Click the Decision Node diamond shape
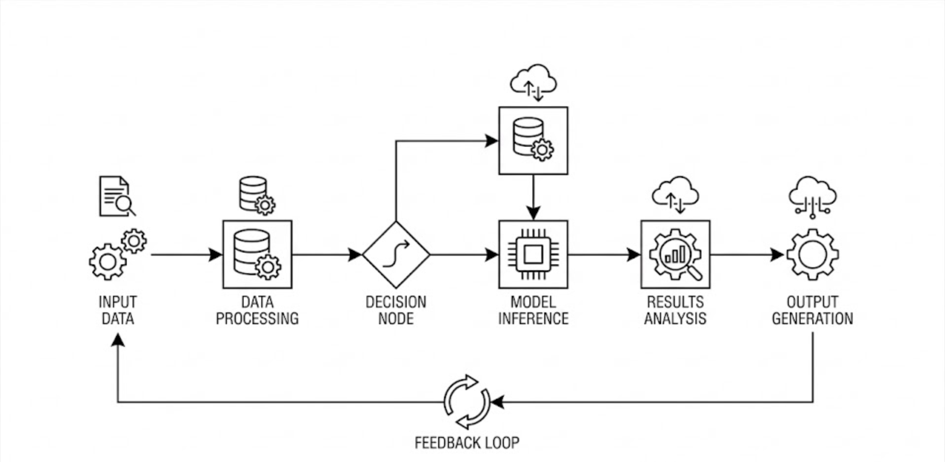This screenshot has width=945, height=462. point(396,255)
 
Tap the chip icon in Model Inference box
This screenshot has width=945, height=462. point(533,255)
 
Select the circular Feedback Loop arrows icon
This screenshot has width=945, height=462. point(467,402)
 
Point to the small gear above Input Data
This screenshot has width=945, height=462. point(134,241)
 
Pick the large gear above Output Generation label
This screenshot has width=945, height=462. point(812,255)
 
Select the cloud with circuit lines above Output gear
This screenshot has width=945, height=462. point(812,197)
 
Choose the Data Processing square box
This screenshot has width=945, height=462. point(257,255)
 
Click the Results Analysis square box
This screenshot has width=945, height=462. point(675,255)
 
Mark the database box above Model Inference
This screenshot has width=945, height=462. point(533,141)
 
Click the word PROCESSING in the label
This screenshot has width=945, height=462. point(257,319)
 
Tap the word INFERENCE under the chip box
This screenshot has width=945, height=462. point(533,319)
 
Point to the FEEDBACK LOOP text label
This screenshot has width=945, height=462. point(467,443)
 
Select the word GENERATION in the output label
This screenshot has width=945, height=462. point(812,319)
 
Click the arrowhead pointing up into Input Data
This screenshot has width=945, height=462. point(117,339)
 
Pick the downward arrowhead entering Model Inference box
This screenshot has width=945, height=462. point(533,213)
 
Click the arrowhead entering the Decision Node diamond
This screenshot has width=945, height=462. point(355,255)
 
